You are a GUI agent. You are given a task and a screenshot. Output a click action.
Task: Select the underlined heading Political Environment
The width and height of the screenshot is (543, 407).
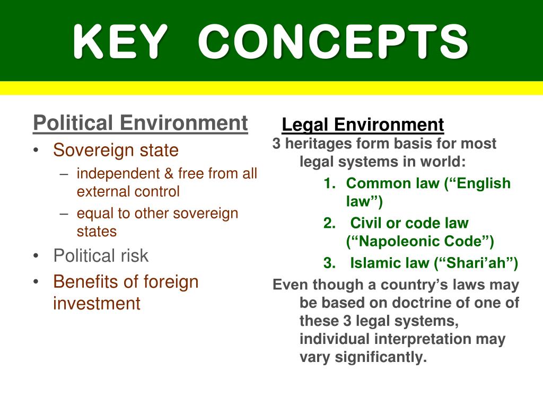[x=140, y=123]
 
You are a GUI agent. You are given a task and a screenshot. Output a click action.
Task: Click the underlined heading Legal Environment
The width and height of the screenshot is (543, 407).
[x=363, y=125]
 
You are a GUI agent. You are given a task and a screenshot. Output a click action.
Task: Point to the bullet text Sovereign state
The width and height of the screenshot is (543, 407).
[x=116, y=151]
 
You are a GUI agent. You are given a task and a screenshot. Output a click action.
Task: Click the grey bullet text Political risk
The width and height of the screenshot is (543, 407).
[x=101, y=256]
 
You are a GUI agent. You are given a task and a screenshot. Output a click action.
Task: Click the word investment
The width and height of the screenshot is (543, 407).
[x=97, y=304]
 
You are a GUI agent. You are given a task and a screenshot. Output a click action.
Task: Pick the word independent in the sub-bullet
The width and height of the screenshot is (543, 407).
[x=109, y=174]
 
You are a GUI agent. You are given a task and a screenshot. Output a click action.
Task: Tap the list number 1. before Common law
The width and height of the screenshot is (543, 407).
[x=330, y=184]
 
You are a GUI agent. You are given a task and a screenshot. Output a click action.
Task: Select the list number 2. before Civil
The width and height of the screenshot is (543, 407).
[x=330, y=224]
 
